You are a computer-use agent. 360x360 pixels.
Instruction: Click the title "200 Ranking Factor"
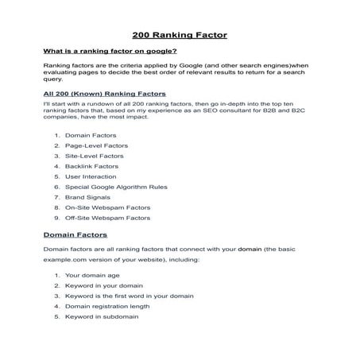pyautogui.click(x=180, y=35)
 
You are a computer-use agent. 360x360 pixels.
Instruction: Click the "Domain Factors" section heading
pyautogui.click(x=75, y=234)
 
